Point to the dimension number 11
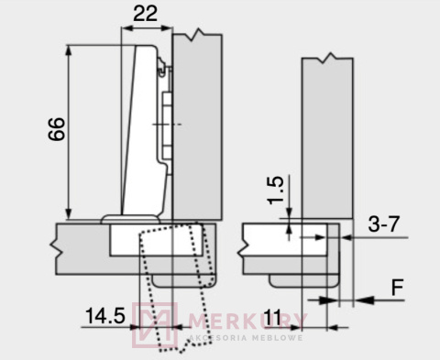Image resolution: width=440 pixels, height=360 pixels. pyautogui.click(x=272, y=317)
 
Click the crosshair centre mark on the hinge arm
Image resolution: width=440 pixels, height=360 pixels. pyautogui.click(x=162, y=124)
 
